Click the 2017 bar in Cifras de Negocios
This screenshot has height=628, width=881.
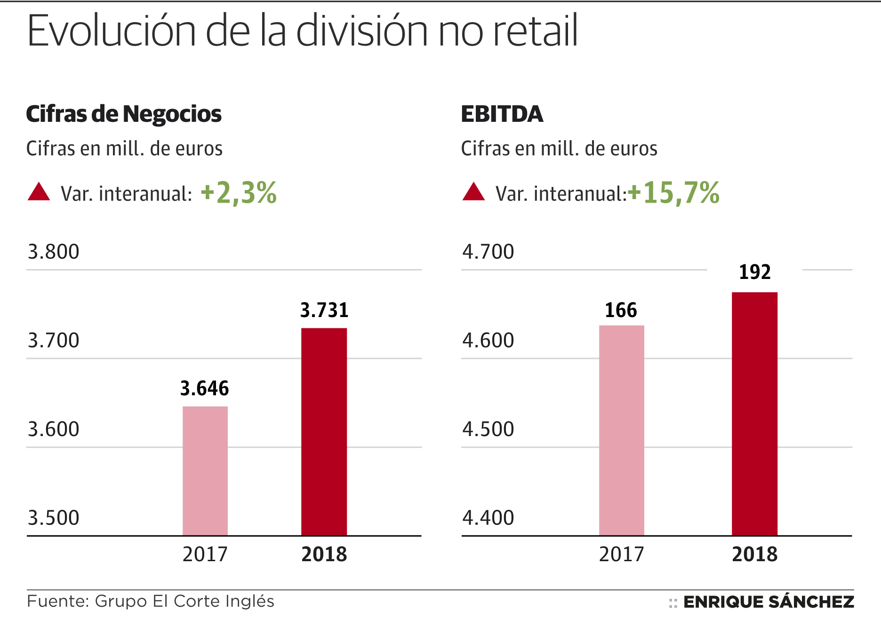205,470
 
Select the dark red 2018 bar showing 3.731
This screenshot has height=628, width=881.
324,431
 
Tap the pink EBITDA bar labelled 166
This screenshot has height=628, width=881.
621,430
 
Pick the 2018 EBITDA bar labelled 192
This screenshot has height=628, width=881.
754,413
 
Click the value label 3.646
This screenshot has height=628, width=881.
205,389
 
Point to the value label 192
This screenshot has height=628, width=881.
754,272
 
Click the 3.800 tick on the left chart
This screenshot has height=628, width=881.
54,252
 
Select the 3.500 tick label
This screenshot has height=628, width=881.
54,518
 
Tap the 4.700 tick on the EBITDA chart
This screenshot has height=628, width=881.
488,252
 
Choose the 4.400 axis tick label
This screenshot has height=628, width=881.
488,518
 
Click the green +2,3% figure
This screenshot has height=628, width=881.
239,193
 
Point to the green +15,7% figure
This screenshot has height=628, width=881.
674,193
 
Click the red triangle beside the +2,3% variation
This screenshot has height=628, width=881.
39,192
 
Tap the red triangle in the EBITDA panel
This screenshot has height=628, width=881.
473,192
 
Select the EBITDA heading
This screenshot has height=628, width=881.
502,114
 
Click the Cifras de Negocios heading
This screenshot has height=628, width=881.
124,114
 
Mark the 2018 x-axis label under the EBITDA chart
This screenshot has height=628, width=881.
754,554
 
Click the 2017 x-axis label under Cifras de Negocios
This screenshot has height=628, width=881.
205,554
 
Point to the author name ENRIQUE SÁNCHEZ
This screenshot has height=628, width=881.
768,602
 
